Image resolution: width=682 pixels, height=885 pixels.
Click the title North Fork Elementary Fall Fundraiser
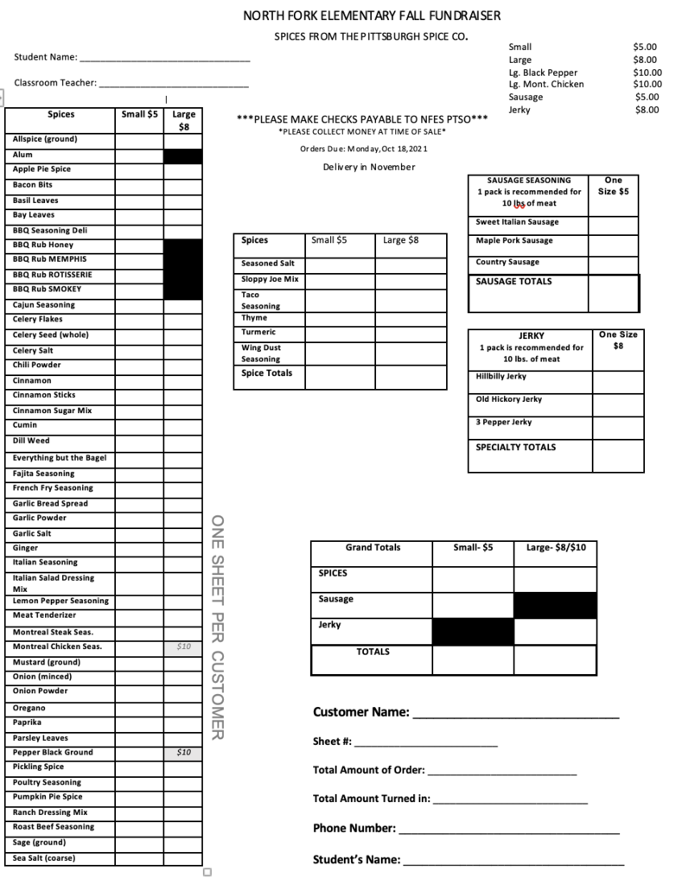click(371, 16)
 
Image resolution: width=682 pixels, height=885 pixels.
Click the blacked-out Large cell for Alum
click(182, 156)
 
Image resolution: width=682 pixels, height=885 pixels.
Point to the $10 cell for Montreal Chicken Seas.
click(183, 646)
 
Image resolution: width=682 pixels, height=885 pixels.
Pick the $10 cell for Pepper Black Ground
click(183, 753)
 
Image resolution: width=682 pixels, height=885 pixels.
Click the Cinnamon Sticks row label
click(44, 395)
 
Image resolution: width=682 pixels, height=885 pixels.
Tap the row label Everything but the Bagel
click(60, 458)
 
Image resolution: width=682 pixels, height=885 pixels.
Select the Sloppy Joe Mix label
click(270, 279)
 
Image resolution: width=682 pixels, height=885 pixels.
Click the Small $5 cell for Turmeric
click(340, 332)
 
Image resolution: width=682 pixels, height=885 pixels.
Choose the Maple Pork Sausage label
click(513, 241)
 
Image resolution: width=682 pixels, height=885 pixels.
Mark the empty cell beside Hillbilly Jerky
click(617, 380)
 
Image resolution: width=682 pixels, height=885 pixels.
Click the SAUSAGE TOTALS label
click(513, 282)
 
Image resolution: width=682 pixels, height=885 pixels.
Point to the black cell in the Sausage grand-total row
click(555, 605)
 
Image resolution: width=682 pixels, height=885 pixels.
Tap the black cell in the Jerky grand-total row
click(473, 632)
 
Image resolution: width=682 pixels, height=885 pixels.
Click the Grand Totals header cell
click(373, 548)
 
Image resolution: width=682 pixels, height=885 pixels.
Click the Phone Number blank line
click(509, 831)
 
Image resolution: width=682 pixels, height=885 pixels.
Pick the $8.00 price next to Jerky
click(647, 110)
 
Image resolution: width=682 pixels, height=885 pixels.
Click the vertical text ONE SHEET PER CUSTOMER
click(219, 627)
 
